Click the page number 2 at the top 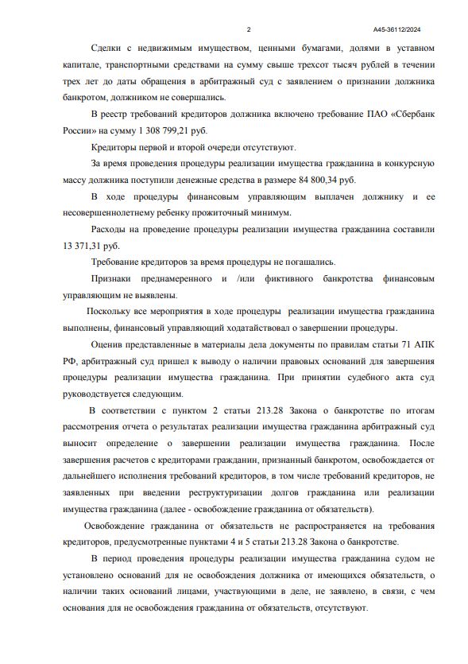(249, 30)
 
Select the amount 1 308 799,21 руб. (170, 130)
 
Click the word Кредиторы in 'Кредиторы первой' (117, 147)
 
